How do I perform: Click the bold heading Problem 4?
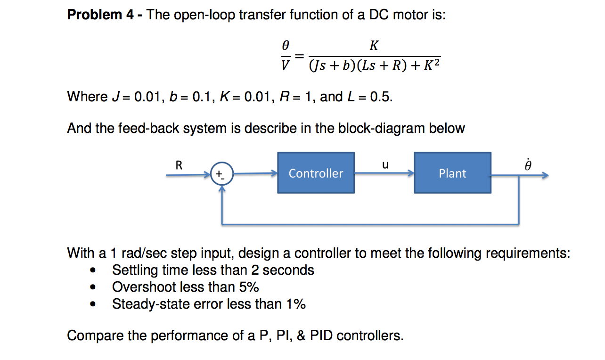coord(101,15)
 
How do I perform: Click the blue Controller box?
coord(316,173)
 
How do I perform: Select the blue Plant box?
coord(452,173)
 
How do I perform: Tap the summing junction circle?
coord(220,174)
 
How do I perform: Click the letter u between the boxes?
coord(385,164)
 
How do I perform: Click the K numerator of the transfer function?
coord(374,46)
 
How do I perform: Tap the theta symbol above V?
coord(285,46)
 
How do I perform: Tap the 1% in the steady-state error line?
coord(295,304)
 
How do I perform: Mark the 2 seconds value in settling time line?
coord(282,270)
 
